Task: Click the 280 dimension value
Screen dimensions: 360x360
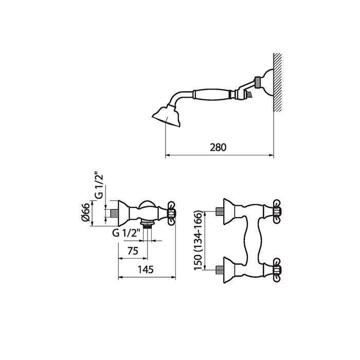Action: pos(219,148)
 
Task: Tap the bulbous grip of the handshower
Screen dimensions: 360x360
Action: pos(211,94)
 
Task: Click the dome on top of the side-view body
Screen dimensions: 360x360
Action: pos(148,203)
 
